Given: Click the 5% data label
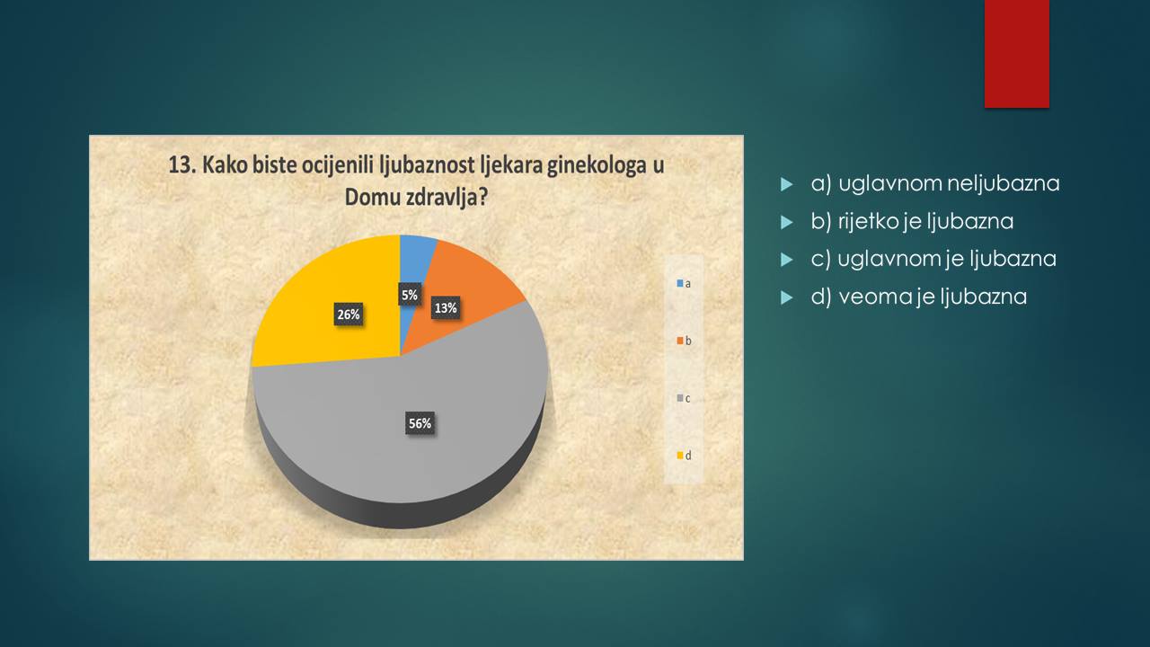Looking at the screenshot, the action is pyautogui.click(x=410, y=295).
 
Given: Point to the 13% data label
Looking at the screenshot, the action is pyautogui.click(x=446, y=307).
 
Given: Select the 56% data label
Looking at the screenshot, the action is pyautogui.click(x=420, y=423).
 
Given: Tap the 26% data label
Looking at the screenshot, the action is pyautogui.click(x=349, y=314).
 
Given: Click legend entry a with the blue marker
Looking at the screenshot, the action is pyautogui.click(x=684, y=283).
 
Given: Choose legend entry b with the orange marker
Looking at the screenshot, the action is pyautogui.click(x=685, y=341).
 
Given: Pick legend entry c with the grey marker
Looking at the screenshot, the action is pyautogui.click(x=684, y=398).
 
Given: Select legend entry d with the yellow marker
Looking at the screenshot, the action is pyautogui.click(x=685, y=456).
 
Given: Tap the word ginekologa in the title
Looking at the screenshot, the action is pyautogui.click(x=597, y=167).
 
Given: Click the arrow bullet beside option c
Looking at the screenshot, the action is pyautogui.click(x=786, y=260).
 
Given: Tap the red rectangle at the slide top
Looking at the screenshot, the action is pyautogui.click(x=1017, y=54).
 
